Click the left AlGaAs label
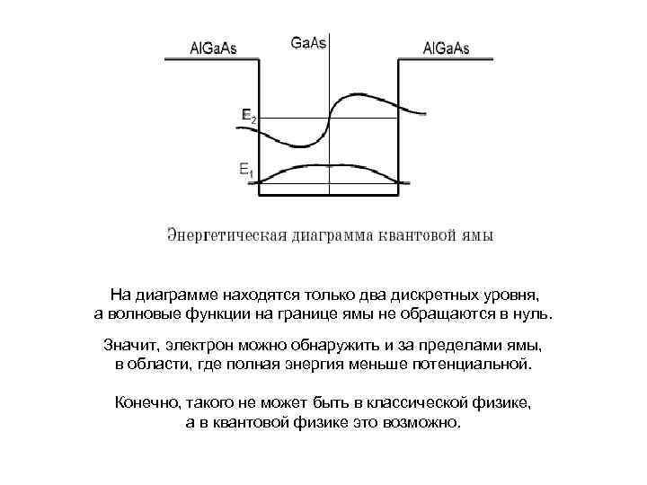point(213,48)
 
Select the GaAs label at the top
point(309,42)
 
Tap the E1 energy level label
point(245,168)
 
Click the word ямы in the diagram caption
point(478,236)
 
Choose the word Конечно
point(146,403)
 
